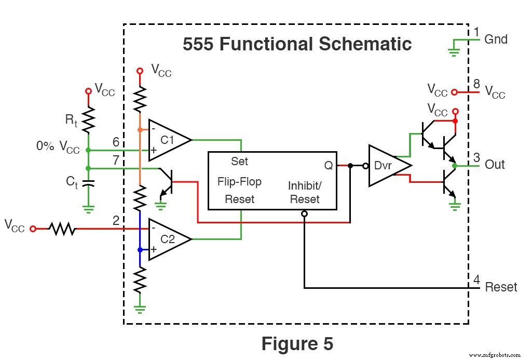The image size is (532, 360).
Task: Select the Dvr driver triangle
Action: coord(387,165)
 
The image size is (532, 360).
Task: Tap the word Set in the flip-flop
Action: coord(239,161)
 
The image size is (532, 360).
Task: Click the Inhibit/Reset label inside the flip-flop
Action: coord(305,192)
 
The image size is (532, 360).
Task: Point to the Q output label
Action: coord(329,165)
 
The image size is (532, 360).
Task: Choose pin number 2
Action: coord(116,221)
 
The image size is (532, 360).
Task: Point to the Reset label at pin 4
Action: coord(501,287)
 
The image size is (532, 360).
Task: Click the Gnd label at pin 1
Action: coord(496,39)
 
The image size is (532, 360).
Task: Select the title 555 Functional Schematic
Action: coord(297,44)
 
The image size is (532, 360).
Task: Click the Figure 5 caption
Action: coord(297,343)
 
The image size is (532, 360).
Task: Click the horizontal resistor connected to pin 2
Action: coord(62,229)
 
